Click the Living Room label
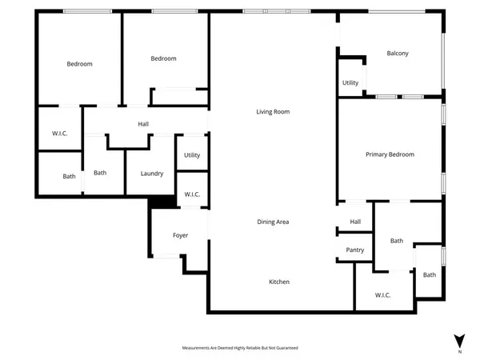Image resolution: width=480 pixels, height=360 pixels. [273, 112]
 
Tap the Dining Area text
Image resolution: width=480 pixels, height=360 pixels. [273, 222]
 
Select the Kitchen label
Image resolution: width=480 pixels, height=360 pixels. [279, 282]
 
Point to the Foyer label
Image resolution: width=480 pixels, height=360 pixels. [181, 235]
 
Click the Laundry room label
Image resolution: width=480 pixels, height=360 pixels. [152, 174]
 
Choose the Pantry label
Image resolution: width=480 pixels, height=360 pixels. [355, 250]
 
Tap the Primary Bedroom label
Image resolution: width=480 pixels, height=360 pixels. [390, 154]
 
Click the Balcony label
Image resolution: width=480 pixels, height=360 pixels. [398, 54]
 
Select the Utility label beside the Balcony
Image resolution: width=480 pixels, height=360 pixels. [350, 82]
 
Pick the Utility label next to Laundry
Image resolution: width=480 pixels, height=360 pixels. [192, 155]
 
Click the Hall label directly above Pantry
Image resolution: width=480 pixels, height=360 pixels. [355, 222]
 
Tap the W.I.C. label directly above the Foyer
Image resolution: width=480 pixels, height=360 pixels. [192, 194]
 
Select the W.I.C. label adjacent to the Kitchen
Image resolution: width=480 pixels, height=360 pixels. [382, 295]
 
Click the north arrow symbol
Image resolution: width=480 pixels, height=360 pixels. [458, 339]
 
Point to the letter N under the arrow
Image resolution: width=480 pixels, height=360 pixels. [458, 351]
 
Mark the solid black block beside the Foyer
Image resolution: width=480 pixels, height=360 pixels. [162, 202]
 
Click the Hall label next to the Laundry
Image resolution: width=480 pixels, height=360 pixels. [143, 124]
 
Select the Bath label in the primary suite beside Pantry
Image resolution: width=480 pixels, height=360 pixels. [397, 241]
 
